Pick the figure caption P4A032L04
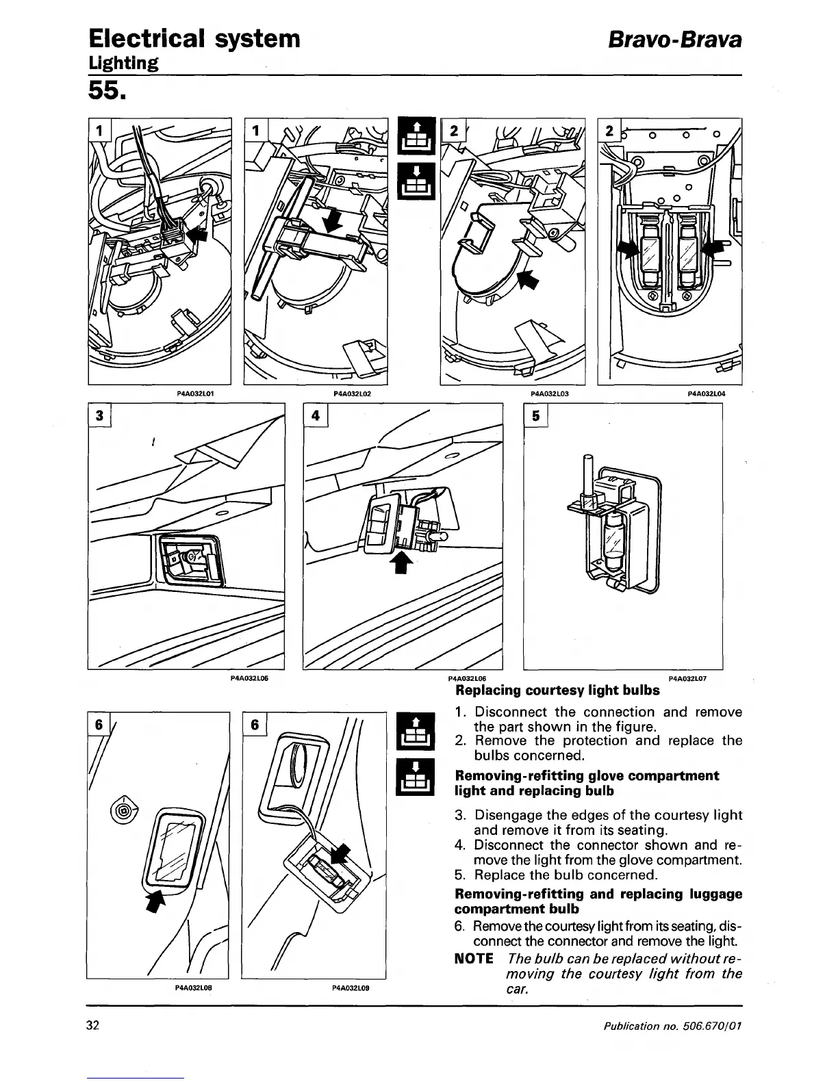tap(706, 393)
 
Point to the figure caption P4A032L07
tap(687, 678)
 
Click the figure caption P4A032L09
tap(351, 988)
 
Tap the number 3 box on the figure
tap(101, 416)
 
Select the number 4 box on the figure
tap(315, 416)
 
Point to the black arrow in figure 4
tap(402, 563)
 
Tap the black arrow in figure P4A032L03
tap(526, 279)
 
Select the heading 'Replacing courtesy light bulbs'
tap(557, 690)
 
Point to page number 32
tap(93, 1025)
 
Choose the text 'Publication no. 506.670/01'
tap(673, 1026)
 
